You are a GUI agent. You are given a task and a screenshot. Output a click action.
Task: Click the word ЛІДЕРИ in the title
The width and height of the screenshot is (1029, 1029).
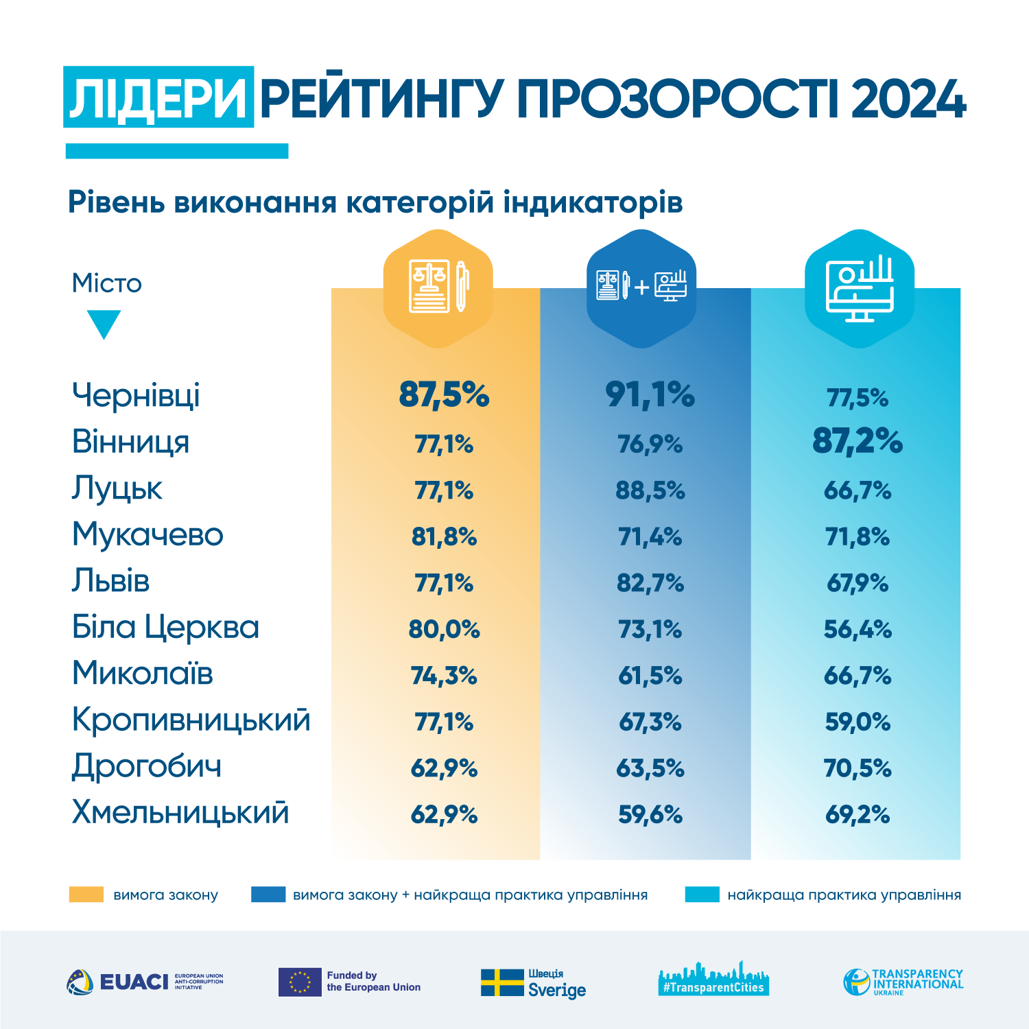pos(158,97)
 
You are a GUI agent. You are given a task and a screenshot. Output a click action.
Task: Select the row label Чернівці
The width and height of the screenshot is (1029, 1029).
pos(136,395)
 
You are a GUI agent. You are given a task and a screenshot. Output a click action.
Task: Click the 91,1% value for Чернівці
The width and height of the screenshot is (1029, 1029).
pos(650,395)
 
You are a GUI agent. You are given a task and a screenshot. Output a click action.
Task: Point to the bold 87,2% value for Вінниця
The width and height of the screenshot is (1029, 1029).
pos(858,441)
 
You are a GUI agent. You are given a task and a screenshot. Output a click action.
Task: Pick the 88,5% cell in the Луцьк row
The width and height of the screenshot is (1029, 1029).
pos(650,490)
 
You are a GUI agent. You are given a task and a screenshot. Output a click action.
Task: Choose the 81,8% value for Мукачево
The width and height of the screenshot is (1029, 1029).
pos(444,536)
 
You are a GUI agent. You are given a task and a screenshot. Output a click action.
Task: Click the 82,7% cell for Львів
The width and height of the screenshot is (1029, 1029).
pos(650,583)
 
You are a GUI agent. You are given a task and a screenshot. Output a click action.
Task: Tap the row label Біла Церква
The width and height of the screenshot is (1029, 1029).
pos(165,627)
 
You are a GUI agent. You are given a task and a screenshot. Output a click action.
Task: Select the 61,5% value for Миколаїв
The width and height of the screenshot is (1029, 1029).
pos(650,676)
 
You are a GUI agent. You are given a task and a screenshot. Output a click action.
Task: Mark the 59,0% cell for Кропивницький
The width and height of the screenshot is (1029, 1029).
pos(858,722)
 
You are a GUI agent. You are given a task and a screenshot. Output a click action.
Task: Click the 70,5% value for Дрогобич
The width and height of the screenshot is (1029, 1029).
pos(858,768)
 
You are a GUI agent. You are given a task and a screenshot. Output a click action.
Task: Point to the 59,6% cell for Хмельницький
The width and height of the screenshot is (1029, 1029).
pos(650,814)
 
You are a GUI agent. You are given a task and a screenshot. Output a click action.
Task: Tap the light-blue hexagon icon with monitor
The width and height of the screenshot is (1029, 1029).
pos(859,288)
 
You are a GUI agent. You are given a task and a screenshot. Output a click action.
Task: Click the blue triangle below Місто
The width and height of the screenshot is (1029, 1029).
pos(104,323)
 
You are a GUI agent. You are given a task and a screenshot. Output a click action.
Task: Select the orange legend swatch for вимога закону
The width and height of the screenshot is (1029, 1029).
pos(86,895)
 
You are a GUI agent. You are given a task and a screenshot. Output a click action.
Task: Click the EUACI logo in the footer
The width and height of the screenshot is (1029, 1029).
pos(145,982)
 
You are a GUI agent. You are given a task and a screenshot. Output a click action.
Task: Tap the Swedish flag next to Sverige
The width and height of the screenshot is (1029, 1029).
pos(502,982)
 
